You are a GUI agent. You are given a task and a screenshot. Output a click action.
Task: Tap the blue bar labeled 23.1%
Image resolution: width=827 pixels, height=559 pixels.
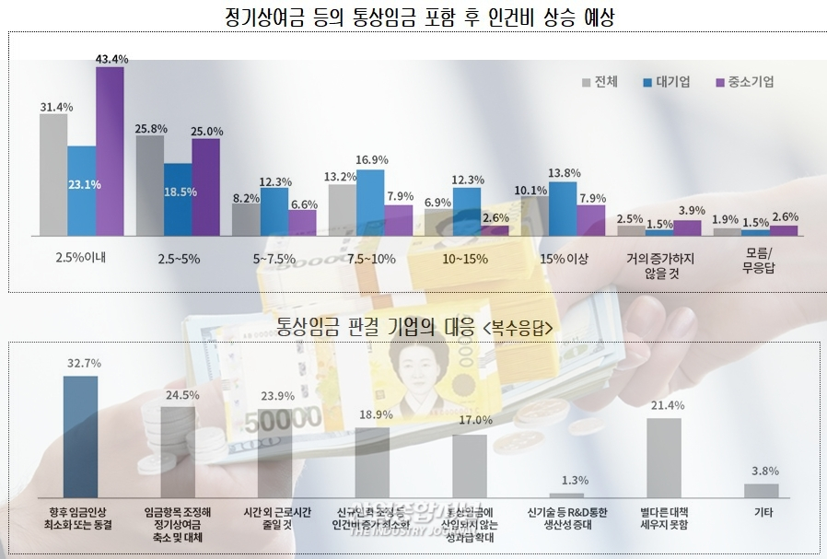point(81,190)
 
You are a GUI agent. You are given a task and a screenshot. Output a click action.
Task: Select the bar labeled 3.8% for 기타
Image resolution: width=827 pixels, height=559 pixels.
point(761,491)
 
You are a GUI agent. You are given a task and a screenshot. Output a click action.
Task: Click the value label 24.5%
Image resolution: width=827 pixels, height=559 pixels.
point(177,394)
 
